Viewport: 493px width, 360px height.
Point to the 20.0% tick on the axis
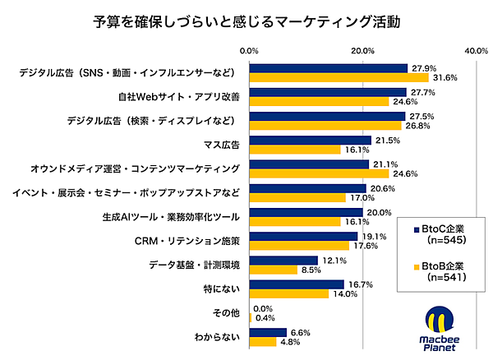coord(363,51)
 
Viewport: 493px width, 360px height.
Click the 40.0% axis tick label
coord(477,51)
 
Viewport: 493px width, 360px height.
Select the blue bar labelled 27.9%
coord(329,68)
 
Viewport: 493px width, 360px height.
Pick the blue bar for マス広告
coord(311,141)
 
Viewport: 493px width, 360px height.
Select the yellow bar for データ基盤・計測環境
coord(274,270)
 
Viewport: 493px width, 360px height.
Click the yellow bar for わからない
coord(263,341)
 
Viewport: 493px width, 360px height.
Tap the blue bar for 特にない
coord(297,284)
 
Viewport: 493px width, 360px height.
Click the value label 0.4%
coord(265,317)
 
